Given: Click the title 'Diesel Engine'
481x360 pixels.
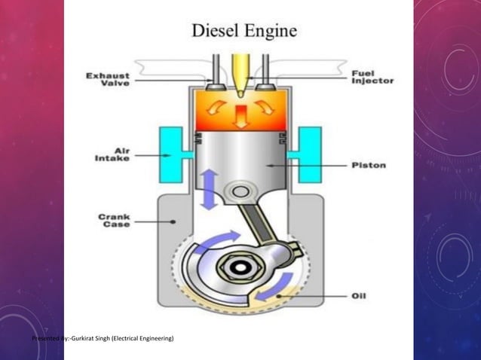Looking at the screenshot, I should point(244,31).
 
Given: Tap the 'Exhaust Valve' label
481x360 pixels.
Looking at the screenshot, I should point(107,79).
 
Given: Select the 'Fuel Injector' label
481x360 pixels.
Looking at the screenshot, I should point(372,77).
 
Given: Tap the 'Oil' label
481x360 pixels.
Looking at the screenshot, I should point(360,296).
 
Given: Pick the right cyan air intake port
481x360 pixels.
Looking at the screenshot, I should point(308,154).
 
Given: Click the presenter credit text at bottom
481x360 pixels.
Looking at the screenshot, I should point(103,340).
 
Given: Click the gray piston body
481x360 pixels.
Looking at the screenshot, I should point(241,154).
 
